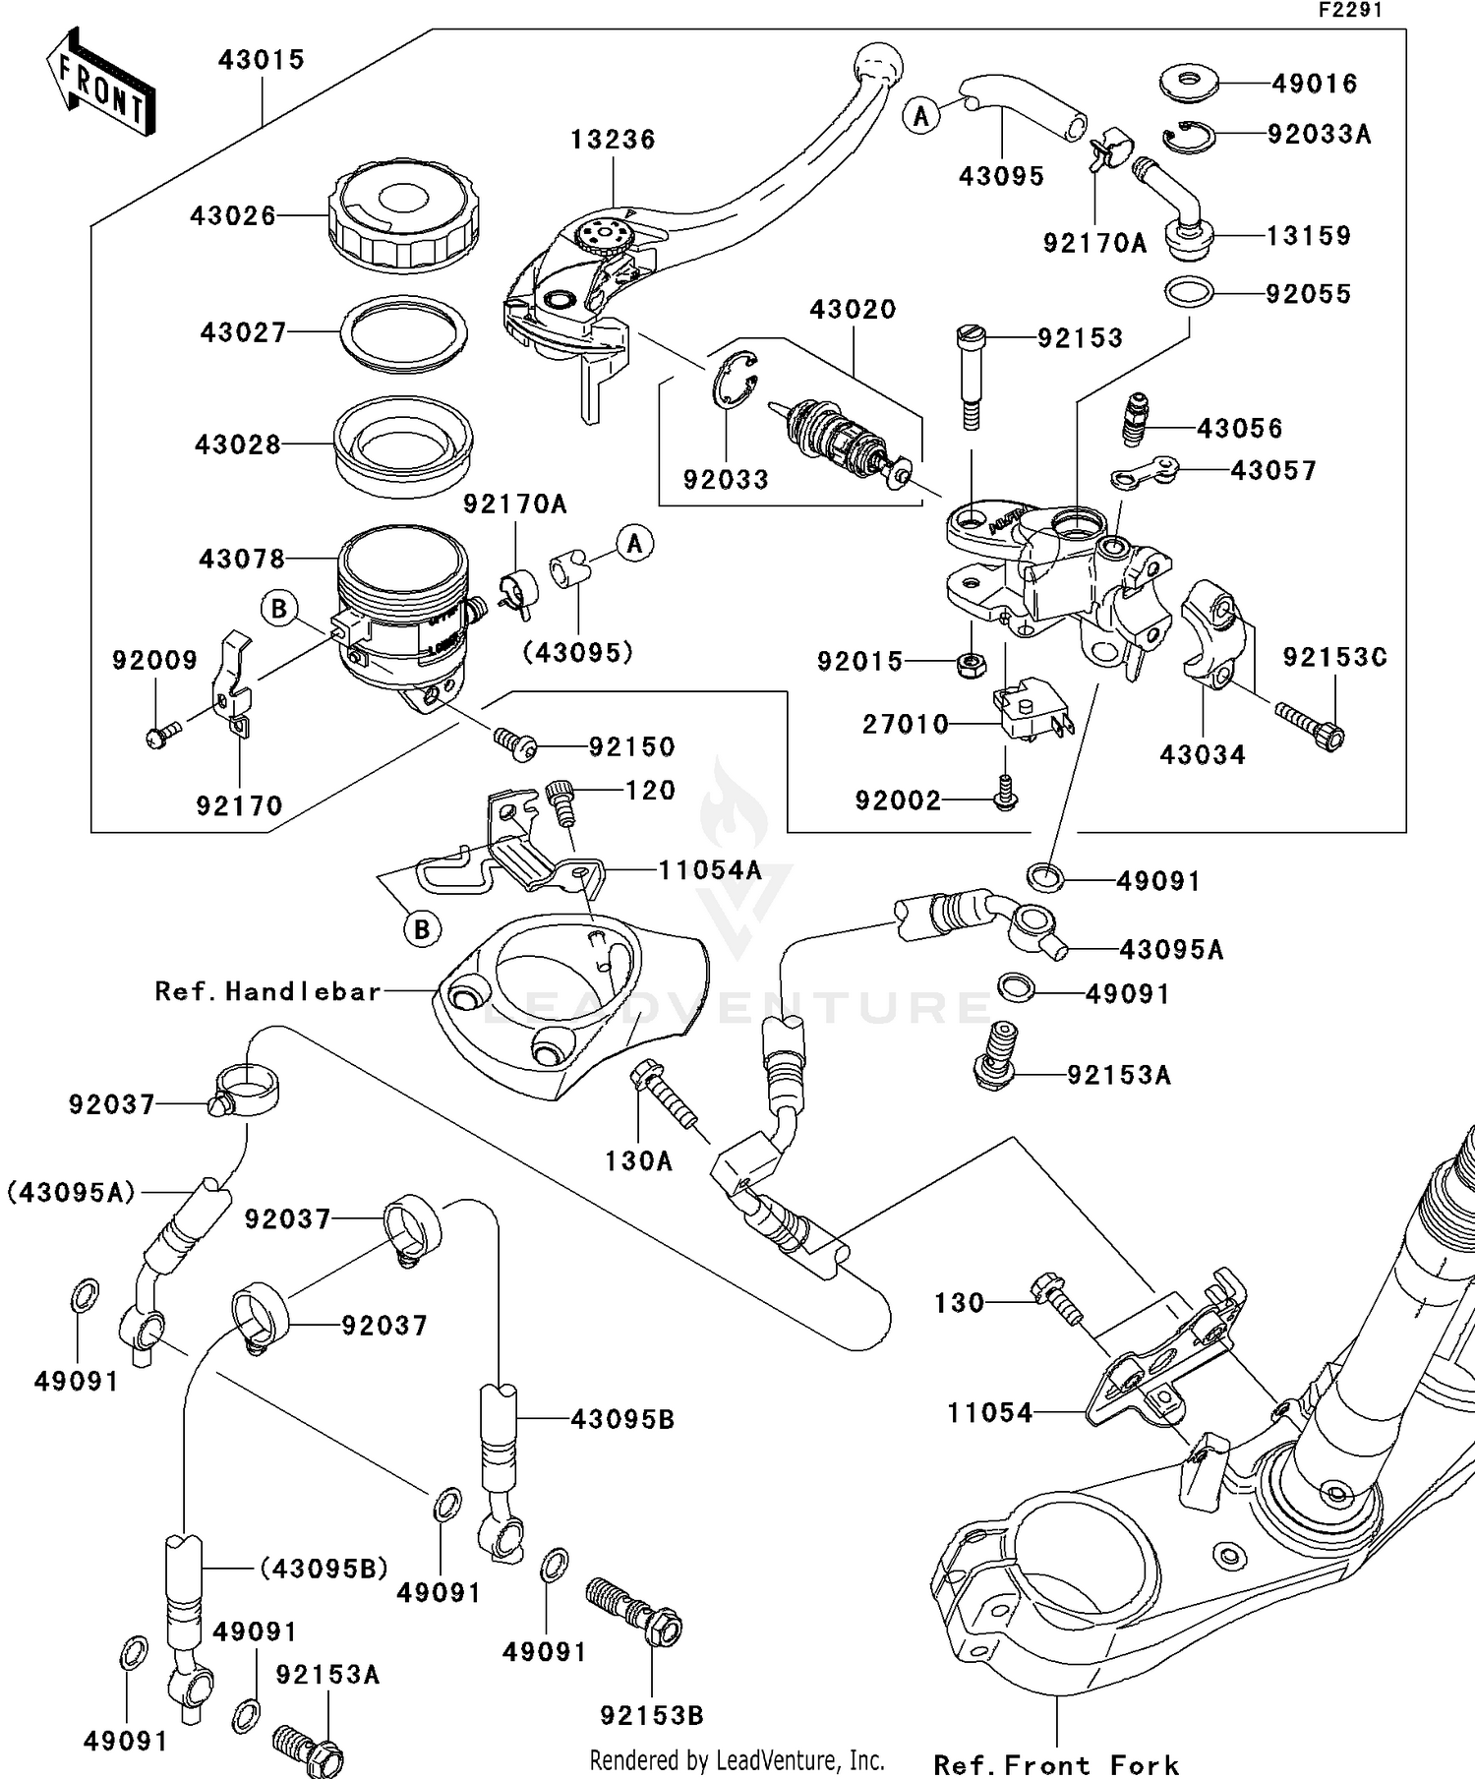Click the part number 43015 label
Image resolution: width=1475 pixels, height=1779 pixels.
click(x=262, y=60)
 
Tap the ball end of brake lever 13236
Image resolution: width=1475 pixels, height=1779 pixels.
click(x=878, y=65)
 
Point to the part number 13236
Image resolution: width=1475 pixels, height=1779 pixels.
click(x=613, y=140)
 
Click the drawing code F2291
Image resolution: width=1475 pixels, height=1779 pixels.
click(x=1350, y=10)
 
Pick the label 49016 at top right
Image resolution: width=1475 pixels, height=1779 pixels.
click(x=1315, y=84)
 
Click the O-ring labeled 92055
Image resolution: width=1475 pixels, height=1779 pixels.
click(x=1189, y=292)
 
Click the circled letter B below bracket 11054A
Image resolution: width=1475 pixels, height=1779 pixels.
click(x=422, y=928)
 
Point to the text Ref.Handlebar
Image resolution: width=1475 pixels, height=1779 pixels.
click(x=268, y=991)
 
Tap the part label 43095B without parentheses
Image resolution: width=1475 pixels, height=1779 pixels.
click(x=622, y=1419)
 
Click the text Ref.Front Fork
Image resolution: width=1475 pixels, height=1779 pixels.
click(x=1056, y=1764)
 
